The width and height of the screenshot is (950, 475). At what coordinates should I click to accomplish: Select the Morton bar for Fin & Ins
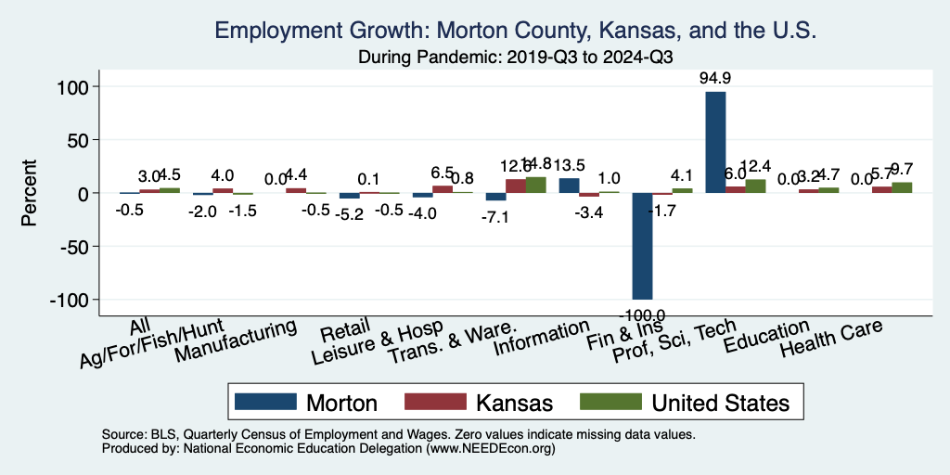[642, 246]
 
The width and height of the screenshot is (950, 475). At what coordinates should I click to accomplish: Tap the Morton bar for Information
[569, 186]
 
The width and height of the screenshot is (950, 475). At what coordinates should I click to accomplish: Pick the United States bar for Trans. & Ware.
[536, 185]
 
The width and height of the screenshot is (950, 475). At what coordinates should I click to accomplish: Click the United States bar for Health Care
[902, 187]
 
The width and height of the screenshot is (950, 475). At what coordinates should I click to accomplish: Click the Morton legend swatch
[264, 402]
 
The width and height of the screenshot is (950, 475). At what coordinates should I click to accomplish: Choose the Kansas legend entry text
[514, 403]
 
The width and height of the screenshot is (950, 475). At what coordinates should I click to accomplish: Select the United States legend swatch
[611, 402]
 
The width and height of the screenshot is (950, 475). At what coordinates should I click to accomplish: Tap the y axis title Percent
[29, 194]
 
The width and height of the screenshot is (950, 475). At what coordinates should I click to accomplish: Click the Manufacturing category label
[237, 340]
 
